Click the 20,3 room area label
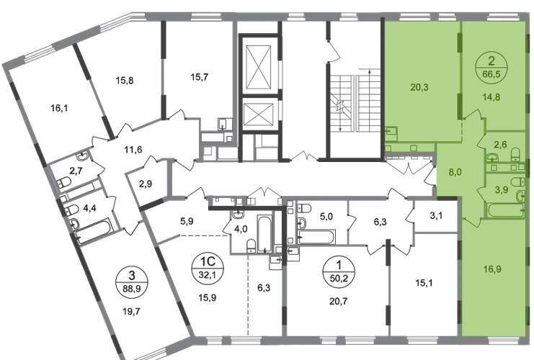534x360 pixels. coord(403,90)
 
